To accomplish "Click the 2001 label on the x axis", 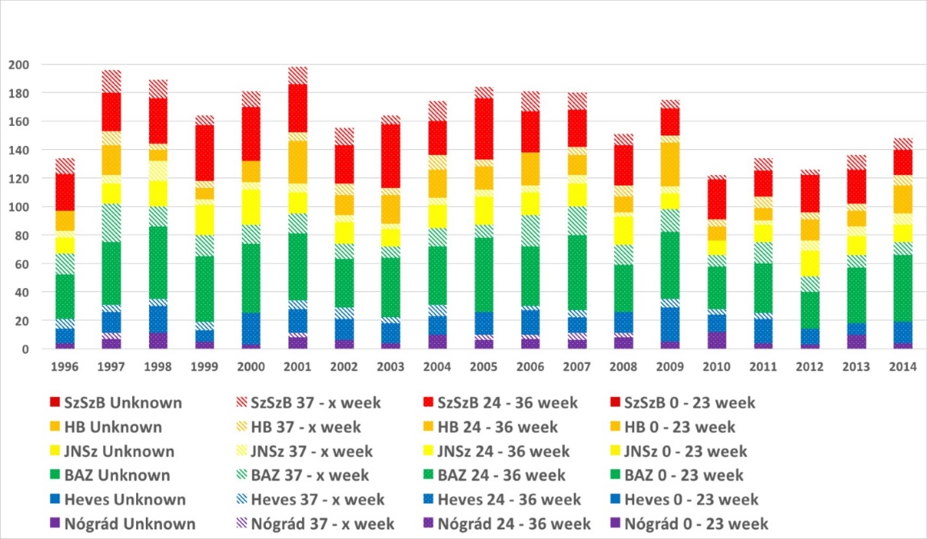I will click(298, 367).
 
